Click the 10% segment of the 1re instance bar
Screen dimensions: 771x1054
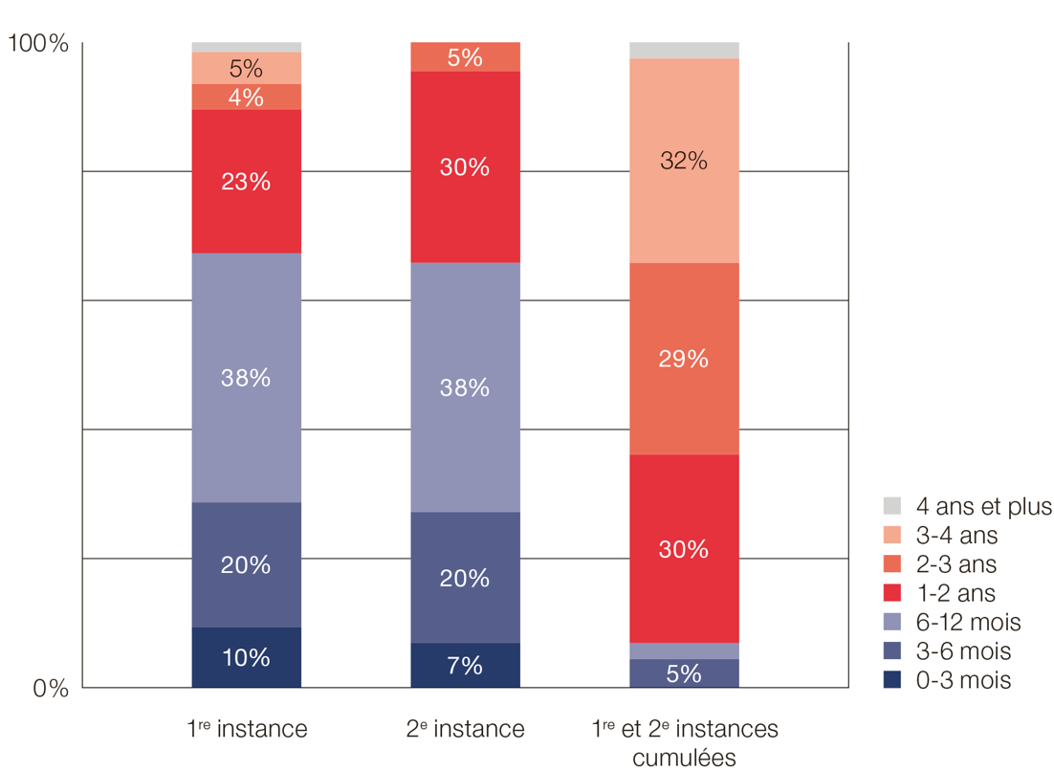click(x=246, y=657)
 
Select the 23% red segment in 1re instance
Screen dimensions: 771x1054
click(x=246, y=181)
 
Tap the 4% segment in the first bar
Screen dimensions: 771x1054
click(x=246, y=97)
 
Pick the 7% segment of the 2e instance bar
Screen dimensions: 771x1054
click(x=465, y=665)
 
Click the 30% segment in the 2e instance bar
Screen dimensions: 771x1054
click(x=465, y=166)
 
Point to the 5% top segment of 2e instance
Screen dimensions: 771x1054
click(x=465, y=57)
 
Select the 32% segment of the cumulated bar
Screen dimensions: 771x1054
click(x=684, y=161)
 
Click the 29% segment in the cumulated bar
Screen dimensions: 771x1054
click(x=684, y=359)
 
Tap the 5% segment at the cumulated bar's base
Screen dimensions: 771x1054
click(x=684, y=673)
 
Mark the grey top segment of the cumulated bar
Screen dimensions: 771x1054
click(x=684, y=51)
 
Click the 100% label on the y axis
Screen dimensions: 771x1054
click(x=38, y=44)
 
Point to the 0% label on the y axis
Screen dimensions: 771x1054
click(x=51, y=688)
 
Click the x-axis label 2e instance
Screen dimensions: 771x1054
click(x=465, y=729)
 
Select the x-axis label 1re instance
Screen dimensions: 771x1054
click(x=247, y=729)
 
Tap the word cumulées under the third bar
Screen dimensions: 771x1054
click(x=684, y=759)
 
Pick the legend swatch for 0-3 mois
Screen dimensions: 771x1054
click(x=891, y=680)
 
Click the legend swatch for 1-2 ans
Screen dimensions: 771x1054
click(x=891, y=593)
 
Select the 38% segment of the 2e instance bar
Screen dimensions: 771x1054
click(x=465, y=387)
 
